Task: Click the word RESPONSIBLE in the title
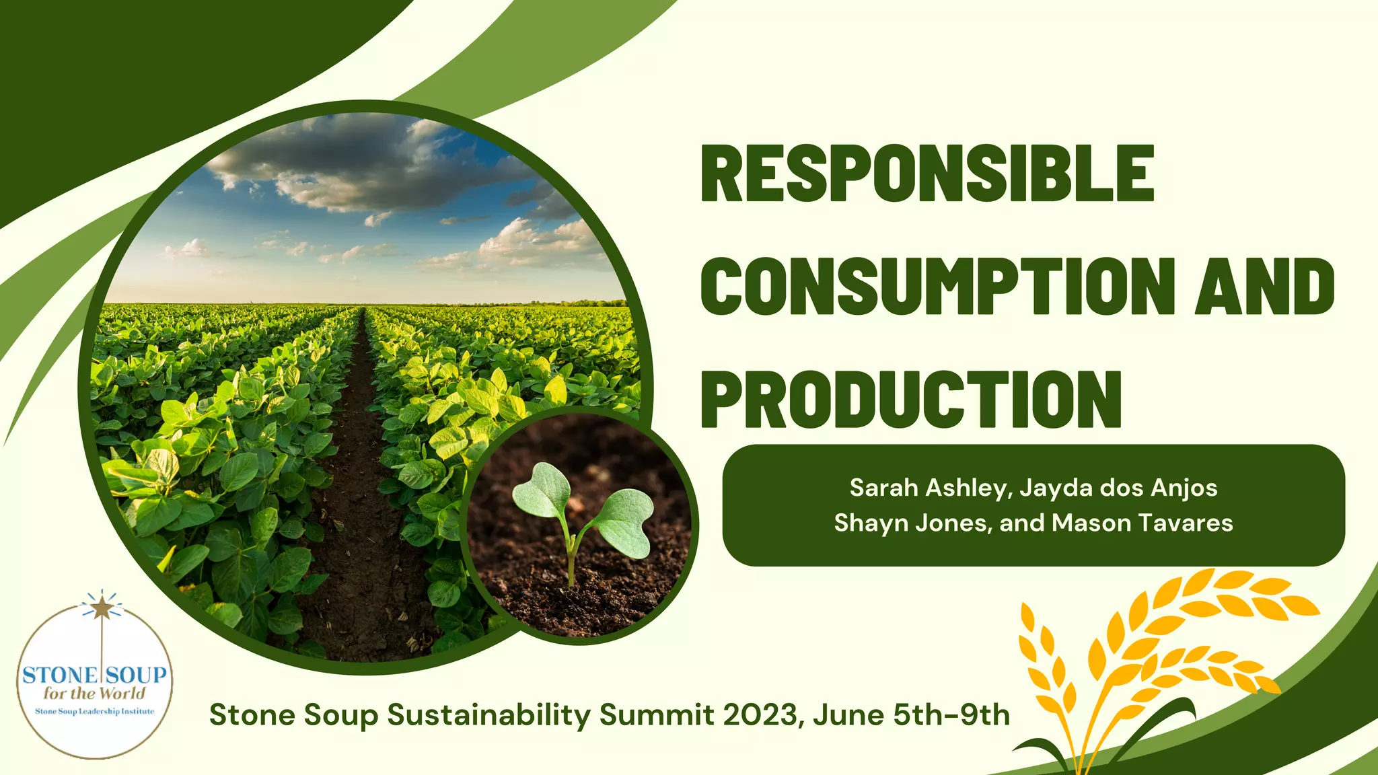pos(927,173)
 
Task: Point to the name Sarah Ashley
pos(927,488)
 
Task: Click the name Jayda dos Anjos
pos(1118,488)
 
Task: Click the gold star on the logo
pos(102,608)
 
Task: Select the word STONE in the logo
pos(59,675)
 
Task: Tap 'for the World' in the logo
pos(94,694)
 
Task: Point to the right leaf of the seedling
pos(625,522)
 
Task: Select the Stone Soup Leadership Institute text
pos(94,712)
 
